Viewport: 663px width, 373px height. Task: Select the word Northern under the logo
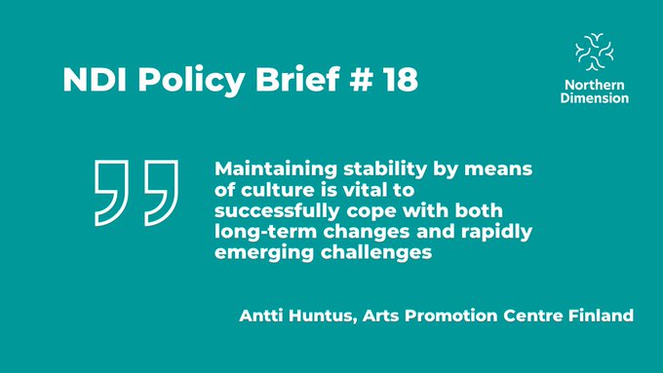pyautogui.click(x=594, y=86)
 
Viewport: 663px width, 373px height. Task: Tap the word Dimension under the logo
pyautogui.click(x=594, y=98)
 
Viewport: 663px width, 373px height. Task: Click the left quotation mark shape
pyautogui.click(x=114, y=190)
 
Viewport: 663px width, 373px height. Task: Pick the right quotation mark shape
pyautogui.click(x=160, y=190)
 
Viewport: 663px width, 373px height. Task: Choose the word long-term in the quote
pyautogui.click(x=262, y=232)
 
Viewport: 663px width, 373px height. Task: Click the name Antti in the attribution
pyautogui.click(x=261, y=317)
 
